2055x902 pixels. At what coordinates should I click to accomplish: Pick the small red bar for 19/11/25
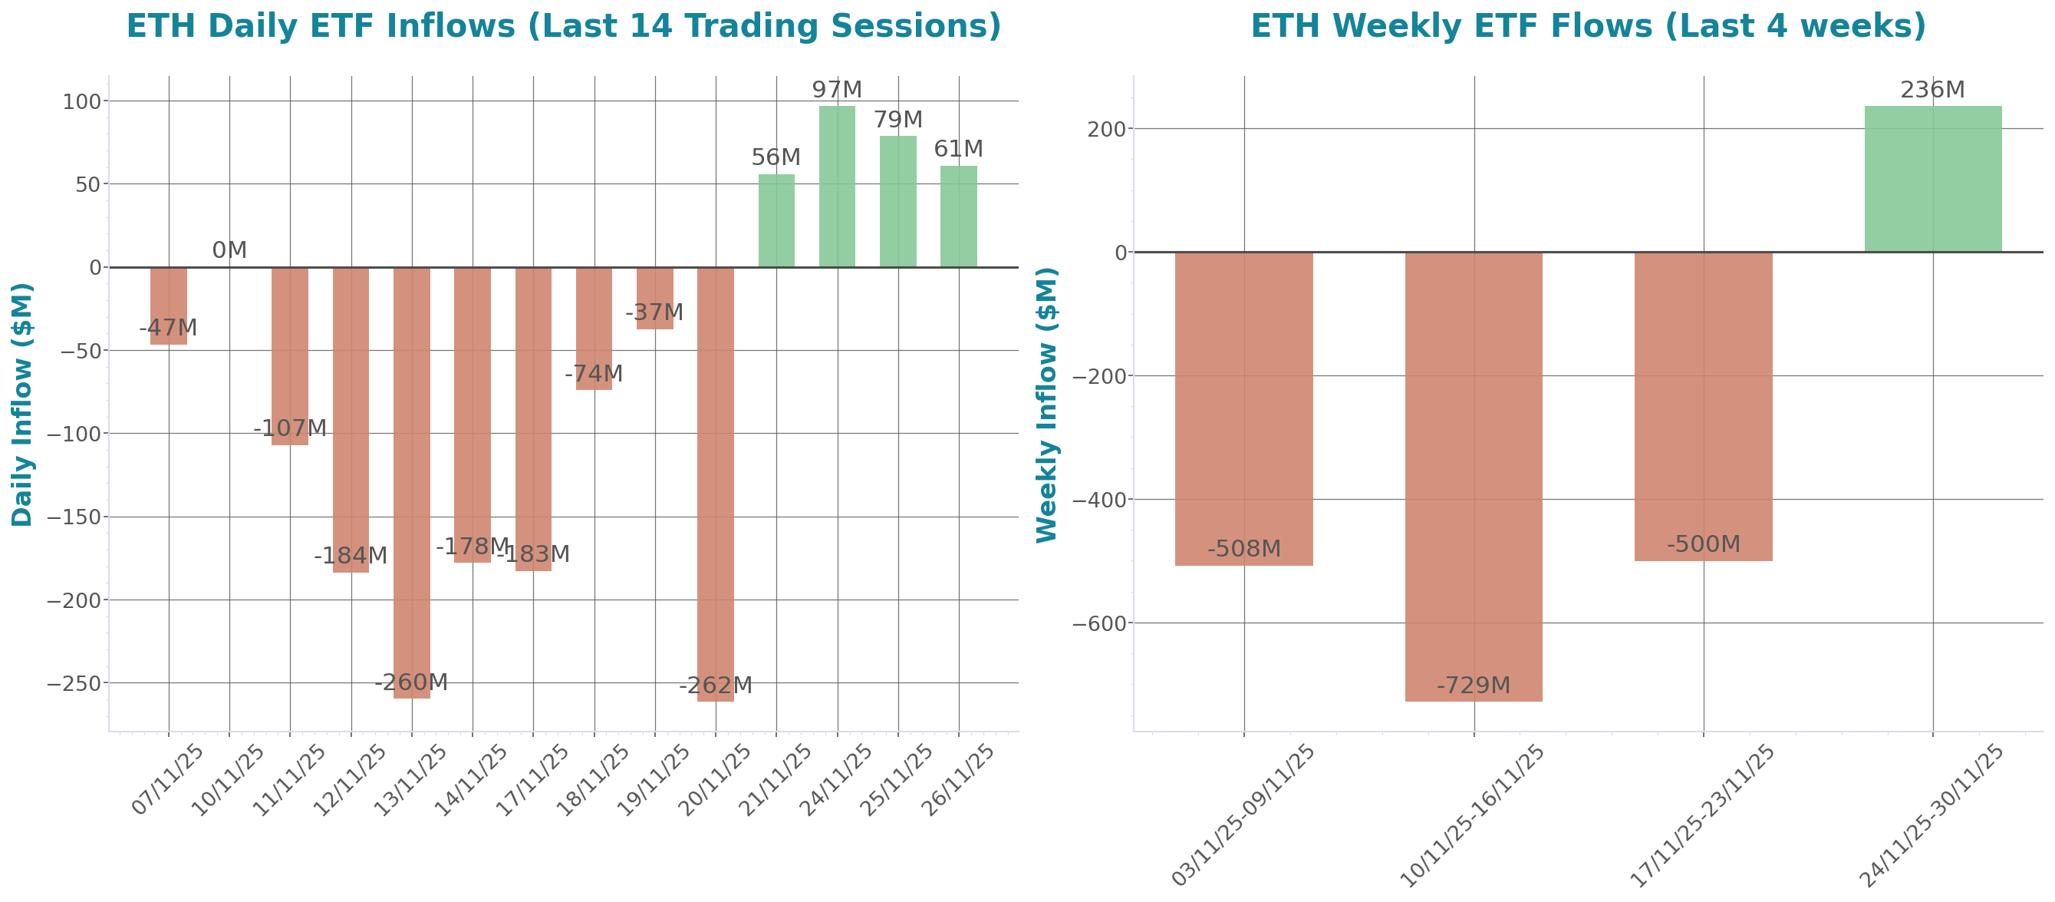coord(655,298)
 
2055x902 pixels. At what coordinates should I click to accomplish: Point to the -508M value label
coord(1243,549)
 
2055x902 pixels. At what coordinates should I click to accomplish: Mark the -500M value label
coord(1703,544)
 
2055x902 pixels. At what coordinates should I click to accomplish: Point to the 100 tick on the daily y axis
coord(82,101)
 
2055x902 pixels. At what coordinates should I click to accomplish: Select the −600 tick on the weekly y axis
coord(1098,624)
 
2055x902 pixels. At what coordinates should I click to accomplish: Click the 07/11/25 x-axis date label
coord(167,779)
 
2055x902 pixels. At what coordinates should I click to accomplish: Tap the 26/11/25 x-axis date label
coord(957,779)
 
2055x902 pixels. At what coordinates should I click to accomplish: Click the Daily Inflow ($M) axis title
coord(21,404)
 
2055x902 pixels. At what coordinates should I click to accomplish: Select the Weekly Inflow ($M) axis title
coord(1046,404)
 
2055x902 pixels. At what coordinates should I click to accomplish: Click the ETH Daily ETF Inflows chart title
coord(563,26)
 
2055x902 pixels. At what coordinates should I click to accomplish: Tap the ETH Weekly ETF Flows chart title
coord(1588,26)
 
